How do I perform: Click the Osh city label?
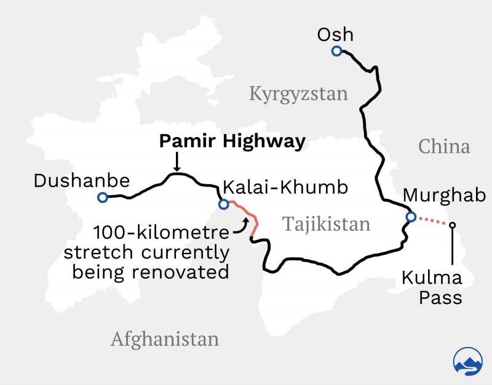335,35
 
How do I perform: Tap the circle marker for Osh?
336,52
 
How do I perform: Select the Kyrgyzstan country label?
298,94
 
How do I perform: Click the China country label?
444,147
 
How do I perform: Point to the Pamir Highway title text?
232,142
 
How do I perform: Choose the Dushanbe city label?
82,181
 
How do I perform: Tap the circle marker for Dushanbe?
102,198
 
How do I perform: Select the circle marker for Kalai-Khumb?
223,203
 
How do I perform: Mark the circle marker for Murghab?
411,216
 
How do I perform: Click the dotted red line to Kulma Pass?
432,221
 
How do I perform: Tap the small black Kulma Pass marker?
453,225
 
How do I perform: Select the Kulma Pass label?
432,287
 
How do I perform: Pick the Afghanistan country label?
165,339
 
